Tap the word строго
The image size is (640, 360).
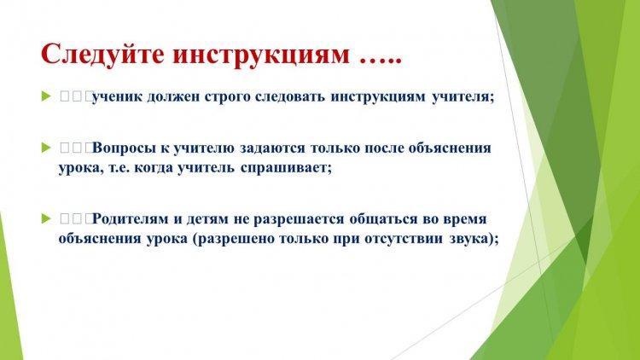point(227,98)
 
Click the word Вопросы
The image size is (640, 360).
point(123,148)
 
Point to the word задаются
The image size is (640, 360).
point(272,148)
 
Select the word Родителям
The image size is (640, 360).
point(131,218)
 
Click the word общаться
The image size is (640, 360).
point(384,219)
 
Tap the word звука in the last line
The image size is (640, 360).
point(469,239)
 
